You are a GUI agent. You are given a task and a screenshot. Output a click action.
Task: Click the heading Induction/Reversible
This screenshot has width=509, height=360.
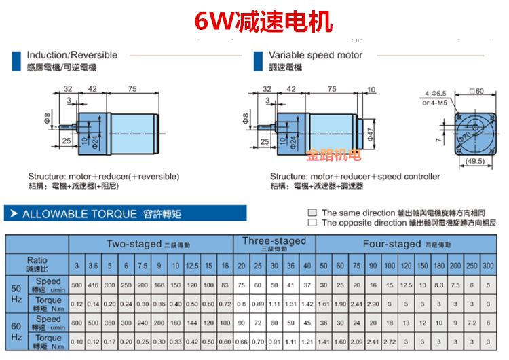72,55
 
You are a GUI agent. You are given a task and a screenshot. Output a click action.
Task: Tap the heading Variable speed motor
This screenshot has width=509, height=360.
316,55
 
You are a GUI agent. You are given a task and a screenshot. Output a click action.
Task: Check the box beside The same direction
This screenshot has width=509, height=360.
312,213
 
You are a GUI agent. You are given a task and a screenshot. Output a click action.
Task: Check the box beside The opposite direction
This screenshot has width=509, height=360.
312,222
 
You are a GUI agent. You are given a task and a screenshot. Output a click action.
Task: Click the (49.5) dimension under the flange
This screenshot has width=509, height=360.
474,162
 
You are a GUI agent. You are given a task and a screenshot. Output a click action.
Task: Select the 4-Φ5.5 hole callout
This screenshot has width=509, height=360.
436,93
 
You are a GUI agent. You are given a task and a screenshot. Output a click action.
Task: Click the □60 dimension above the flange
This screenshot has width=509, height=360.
474,91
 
